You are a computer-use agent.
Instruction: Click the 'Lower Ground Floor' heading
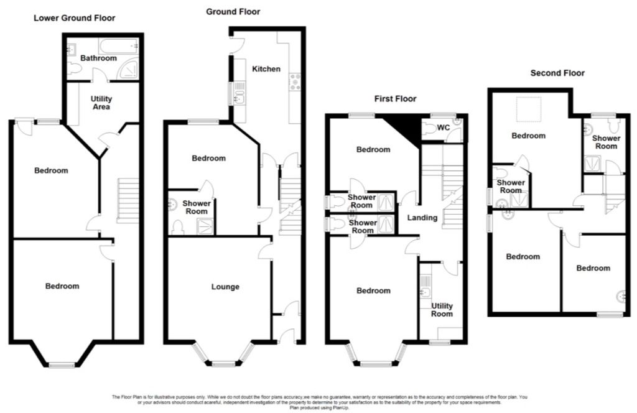point(74,18)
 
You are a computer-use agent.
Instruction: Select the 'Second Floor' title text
point(557,73)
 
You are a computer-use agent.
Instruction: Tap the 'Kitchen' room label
point(266,68)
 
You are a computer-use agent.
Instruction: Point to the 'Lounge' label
point(225,287)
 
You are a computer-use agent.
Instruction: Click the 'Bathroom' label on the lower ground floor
point(98,58)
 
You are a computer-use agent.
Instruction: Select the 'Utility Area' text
point(101,103)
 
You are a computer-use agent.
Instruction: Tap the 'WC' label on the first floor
point(444,128)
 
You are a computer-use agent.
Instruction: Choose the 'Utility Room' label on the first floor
point(442,310)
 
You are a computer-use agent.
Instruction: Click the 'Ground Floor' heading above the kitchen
point(234,11)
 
